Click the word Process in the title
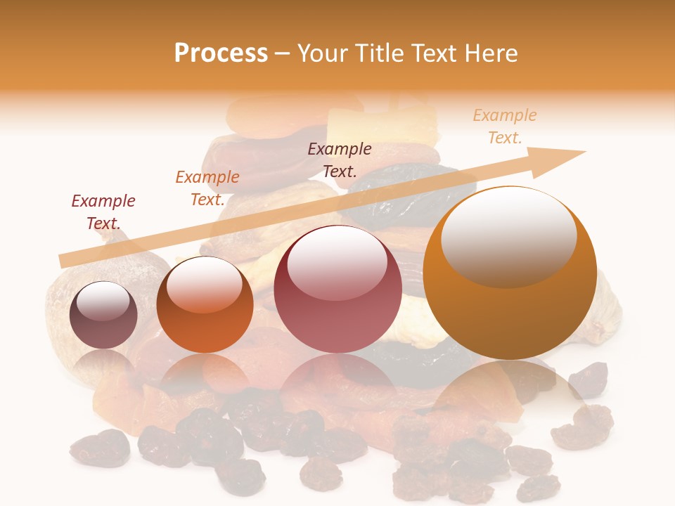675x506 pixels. [x=221, y=53]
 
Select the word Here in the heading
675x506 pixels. [x=489, y=53]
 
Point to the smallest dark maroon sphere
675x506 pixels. [x=103, y=316]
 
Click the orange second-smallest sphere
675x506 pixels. [x=205, y=305]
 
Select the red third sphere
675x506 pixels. [x=337, y=289]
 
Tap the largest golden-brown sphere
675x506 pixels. [x=510, y=273]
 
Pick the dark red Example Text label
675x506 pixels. [x=103, y=212]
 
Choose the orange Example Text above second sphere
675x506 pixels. [x=207, y=188]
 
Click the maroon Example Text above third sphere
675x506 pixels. [x=340, y=160]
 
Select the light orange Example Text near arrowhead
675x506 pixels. [x=505, y=126]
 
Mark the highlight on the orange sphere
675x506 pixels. [x=204, y=284]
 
